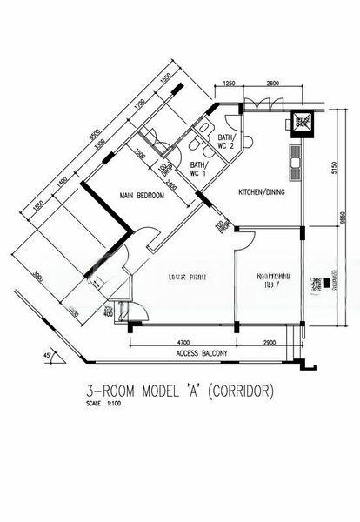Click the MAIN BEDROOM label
tap(142, 197)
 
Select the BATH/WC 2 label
tap(226, 141)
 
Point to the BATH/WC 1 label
tap(197, 170)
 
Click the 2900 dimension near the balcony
tap(270, 343)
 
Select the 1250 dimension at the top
tap(229, 83)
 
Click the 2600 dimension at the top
tap(272, 83)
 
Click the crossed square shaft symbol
tap(302, 122)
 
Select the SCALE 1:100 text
tap(100, 404)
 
